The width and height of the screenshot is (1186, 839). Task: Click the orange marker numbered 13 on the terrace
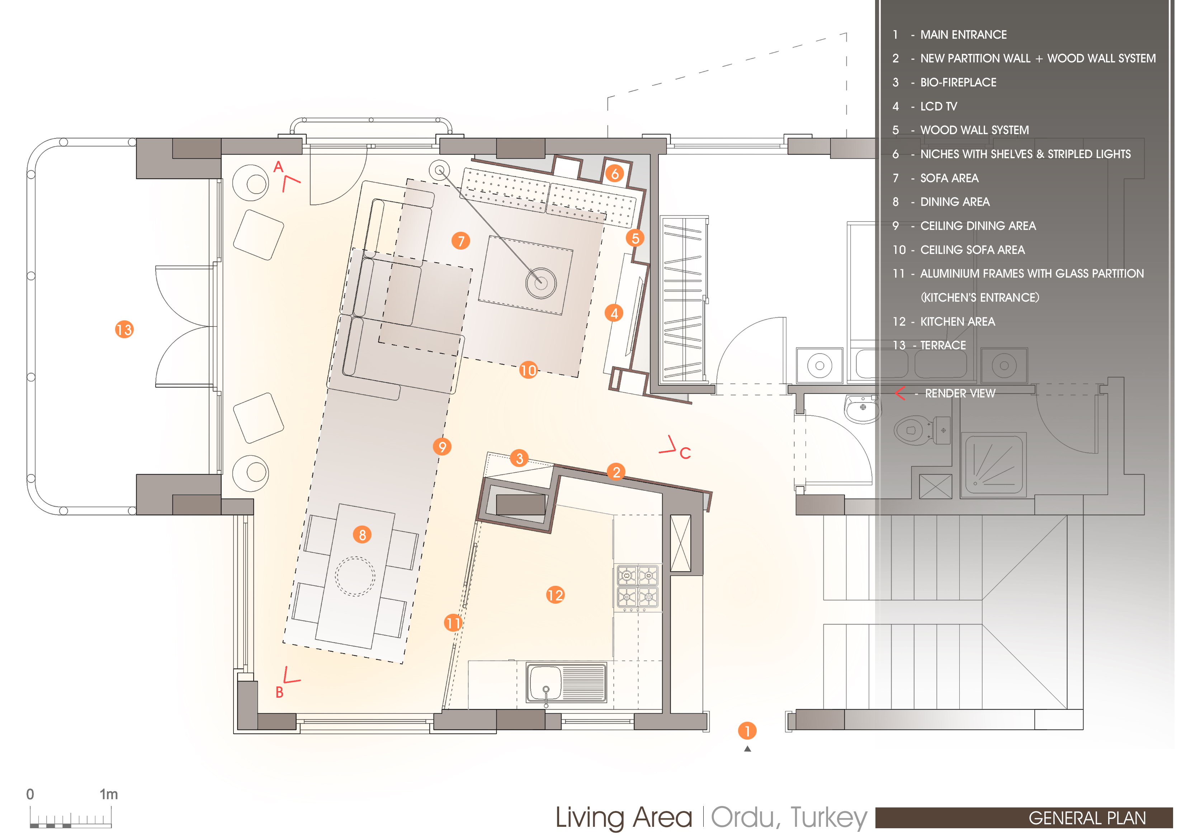124,330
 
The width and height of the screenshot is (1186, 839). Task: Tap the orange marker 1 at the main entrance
747,731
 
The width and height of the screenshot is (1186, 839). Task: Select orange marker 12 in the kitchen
555,595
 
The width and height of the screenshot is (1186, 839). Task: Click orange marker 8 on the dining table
363,535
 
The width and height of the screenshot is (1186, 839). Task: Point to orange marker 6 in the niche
615,174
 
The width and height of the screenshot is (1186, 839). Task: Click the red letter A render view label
278,167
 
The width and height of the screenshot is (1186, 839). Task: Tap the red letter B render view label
279,692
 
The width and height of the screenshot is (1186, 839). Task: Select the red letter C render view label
685,453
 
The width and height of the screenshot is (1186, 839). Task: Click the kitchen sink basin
544,682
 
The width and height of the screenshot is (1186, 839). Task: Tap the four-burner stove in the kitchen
637,587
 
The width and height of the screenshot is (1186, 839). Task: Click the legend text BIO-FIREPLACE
958,83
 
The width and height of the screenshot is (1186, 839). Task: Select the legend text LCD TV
939,107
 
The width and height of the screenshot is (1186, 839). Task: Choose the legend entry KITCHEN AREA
958,321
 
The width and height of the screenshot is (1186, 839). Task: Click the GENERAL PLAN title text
1087,818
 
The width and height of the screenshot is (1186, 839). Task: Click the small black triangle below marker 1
747,749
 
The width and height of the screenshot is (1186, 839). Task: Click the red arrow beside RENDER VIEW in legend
900,393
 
